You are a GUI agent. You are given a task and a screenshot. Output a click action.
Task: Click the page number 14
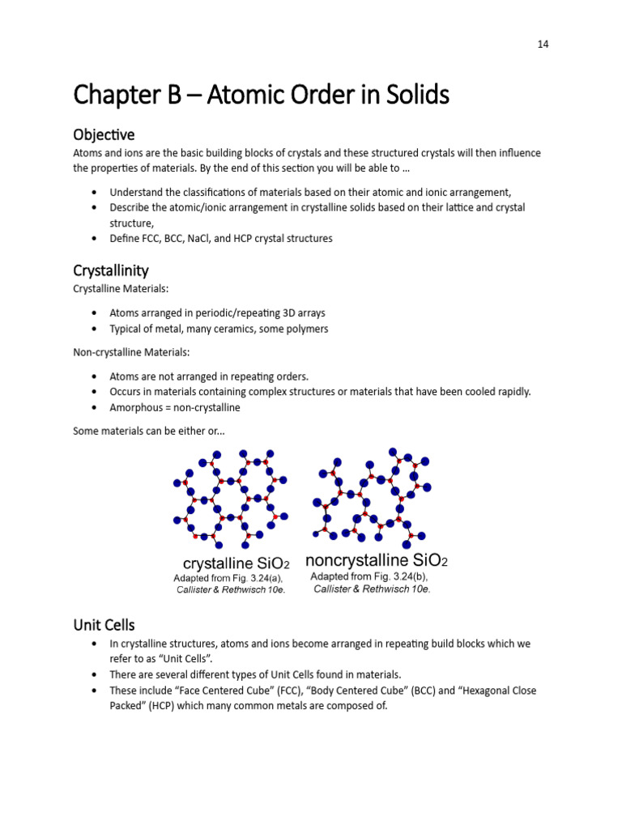(x=543, y=45)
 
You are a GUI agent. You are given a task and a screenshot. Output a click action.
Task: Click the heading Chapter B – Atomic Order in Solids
(x=261, y=96)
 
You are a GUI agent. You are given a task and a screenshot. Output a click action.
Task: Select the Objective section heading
(x=104, y=134)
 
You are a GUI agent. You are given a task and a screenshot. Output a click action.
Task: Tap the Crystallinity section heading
(x=111, y=270)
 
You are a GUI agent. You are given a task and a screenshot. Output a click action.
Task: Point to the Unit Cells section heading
(x=104, y=625)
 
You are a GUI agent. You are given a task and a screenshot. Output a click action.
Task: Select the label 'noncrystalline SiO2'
(x=376, y=560)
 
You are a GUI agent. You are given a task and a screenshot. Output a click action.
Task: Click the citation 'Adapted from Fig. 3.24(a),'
(x=228, y=578)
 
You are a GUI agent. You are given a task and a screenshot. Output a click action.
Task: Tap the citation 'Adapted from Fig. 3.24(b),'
(x=369, y=576)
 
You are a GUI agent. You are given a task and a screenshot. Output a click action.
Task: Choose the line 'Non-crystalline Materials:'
(x=124, y=352)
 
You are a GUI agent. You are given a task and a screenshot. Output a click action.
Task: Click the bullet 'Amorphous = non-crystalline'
(x=175, y=407)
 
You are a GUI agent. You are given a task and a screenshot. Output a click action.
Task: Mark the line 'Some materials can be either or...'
(x=149, y=431)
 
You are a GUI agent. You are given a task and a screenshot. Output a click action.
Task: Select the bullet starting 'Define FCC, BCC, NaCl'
(x=221, y=238)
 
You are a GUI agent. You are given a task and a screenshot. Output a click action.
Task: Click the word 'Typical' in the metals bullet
(x=126, y=329)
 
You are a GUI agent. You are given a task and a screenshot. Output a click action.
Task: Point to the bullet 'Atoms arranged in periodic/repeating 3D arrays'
(x=217, y=312)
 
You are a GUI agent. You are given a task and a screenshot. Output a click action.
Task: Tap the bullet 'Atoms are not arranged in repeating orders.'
(x=209, y=376)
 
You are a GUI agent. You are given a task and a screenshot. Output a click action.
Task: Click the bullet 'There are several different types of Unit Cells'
(x=255, y=674)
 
